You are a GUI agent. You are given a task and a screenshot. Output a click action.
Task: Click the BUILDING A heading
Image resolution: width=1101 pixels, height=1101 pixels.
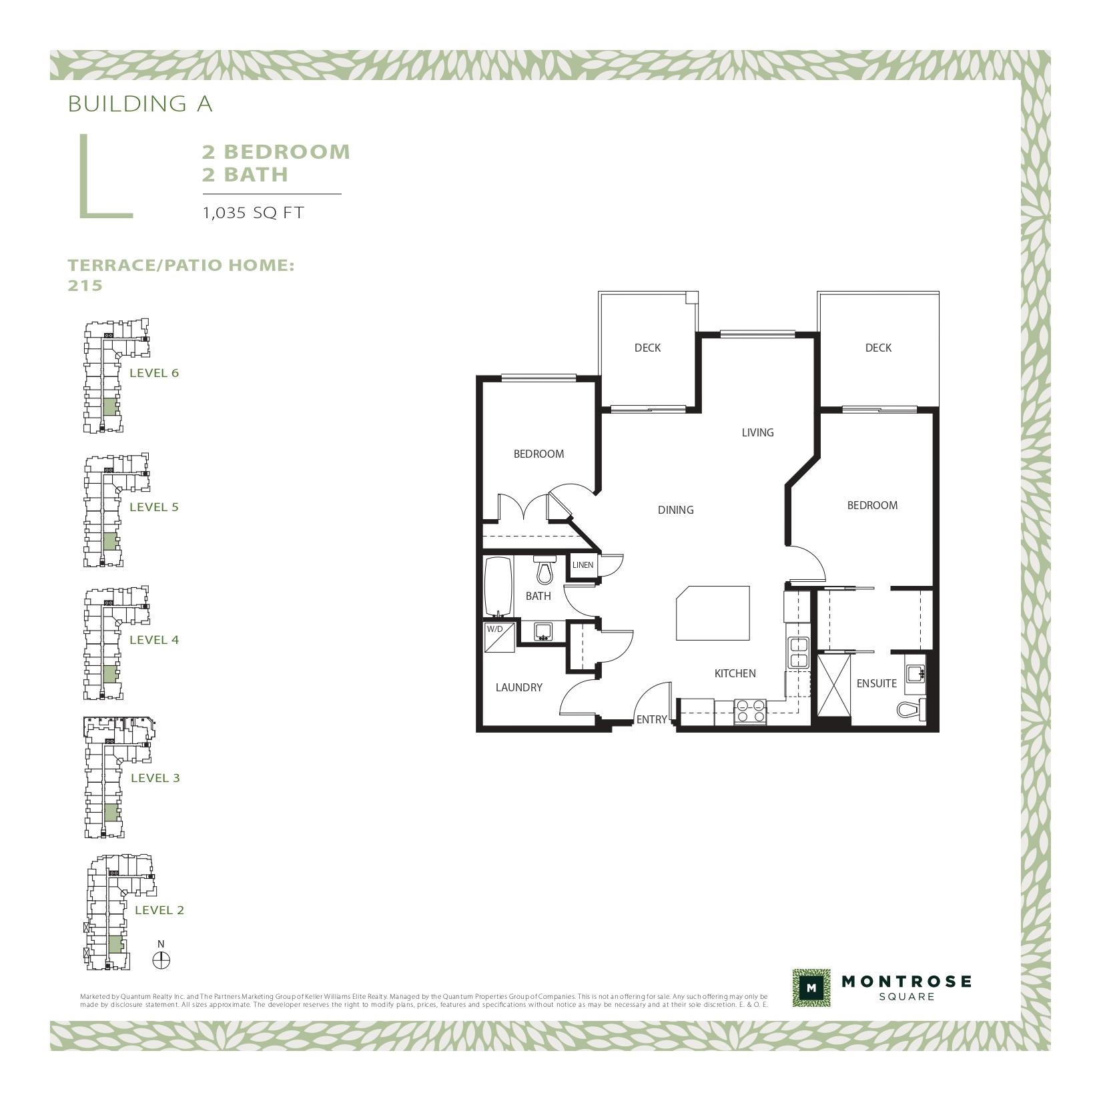[140, 103]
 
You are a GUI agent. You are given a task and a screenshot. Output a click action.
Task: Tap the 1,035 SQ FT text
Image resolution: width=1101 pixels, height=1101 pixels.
[253, 213]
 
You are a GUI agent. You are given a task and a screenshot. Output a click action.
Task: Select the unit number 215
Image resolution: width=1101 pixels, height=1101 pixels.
[85, 285]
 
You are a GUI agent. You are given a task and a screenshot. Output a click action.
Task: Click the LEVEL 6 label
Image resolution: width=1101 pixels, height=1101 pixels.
[154, 373]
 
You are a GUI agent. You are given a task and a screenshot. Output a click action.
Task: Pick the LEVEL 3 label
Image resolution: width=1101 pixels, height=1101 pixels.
[155, 778]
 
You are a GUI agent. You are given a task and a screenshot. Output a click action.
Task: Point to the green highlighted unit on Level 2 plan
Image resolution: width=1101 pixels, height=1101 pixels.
[115, 944]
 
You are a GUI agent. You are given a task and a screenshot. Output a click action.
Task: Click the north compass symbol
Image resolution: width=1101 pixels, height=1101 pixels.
[161, 960]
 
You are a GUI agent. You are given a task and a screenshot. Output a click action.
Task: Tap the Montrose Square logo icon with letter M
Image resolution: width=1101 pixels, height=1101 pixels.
[811, 988]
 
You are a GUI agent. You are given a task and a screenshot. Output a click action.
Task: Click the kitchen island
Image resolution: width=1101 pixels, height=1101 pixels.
[713, 613]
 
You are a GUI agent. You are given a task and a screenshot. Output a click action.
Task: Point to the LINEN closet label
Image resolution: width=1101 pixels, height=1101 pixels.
[583, 565]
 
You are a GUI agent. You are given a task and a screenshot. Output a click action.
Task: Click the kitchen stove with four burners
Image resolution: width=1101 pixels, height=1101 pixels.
[750, 711]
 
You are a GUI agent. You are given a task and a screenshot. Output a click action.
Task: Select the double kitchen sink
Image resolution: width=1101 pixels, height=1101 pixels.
[798, 653]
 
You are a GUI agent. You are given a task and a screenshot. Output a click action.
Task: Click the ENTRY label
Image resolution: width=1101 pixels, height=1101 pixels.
[651, 719]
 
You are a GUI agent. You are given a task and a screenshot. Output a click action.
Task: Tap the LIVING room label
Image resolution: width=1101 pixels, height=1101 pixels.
[757, 432]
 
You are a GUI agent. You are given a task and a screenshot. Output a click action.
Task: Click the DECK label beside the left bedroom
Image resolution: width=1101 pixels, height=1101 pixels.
[647, 348]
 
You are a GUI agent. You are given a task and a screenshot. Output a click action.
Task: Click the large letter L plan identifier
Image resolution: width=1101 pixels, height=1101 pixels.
[105, 176]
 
